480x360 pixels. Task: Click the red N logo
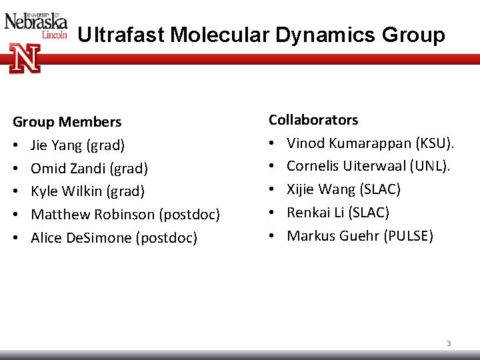coord(25,59)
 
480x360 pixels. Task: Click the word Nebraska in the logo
coord(36,22)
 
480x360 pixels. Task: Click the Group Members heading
coord(67,122)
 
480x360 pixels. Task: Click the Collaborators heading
coord(313,120)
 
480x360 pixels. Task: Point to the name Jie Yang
coord(57,145)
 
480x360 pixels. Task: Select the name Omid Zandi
coord(67,169)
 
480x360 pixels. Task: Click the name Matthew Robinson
coord(93,215)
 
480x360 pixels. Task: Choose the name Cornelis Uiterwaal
coord(342,166)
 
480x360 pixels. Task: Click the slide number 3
coord(449,343)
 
